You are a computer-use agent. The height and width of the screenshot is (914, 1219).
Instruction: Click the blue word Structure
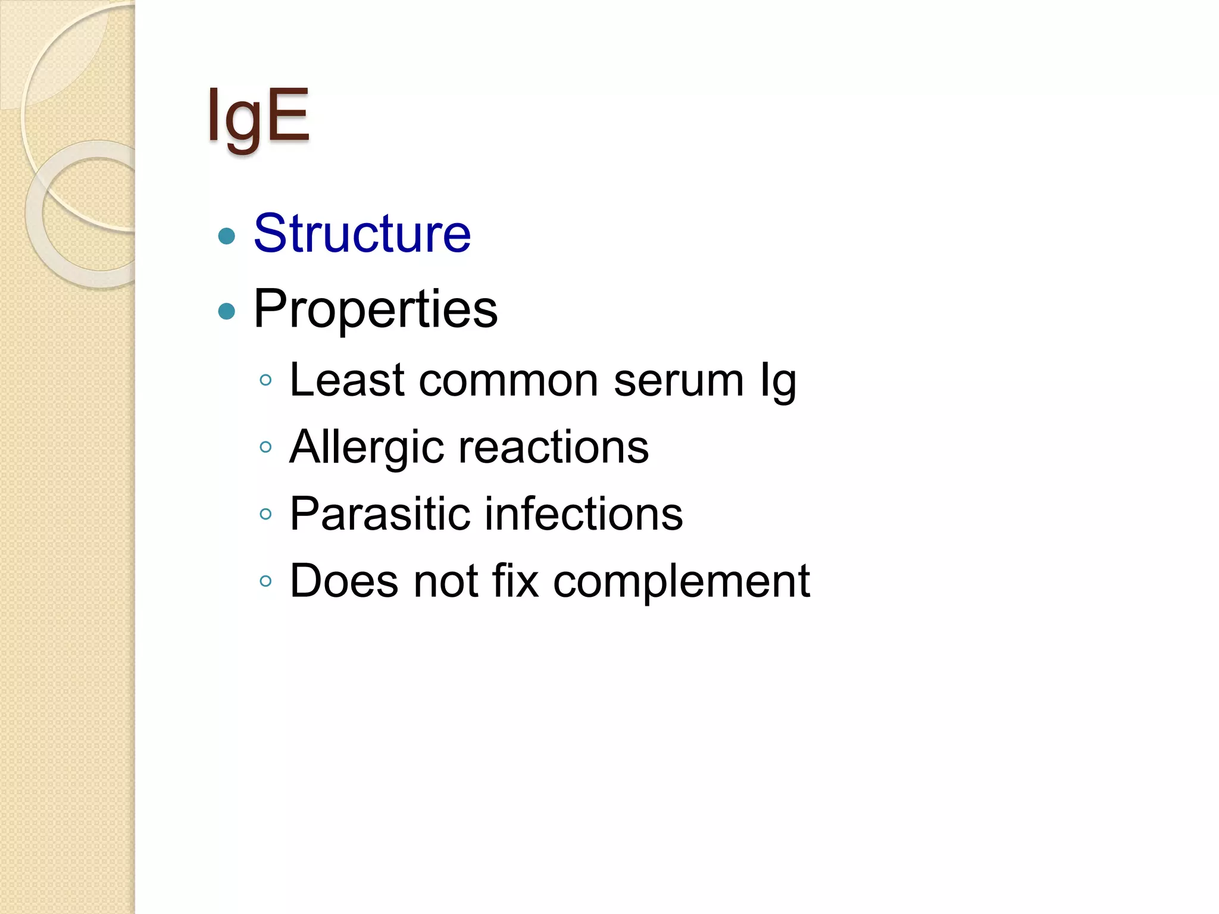point(362,233)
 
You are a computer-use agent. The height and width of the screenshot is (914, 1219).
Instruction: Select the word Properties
point(375,309)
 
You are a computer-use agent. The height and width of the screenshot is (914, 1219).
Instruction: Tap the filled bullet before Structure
point(227,236)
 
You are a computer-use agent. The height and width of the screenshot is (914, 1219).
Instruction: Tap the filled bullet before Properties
point(227,311)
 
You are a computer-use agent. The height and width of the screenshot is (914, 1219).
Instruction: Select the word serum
point(679,381)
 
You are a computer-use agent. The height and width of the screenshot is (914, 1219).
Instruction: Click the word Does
point(343,581)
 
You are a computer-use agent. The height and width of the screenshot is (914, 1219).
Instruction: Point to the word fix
point(515,581)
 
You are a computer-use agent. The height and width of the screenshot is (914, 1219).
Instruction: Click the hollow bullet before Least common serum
point(265,380)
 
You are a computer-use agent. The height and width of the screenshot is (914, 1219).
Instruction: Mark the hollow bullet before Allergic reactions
point(265,447)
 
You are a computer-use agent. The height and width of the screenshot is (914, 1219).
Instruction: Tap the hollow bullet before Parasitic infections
point(265,514)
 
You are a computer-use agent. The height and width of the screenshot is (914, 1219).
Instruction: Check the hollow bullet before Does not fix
point(265,581)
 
